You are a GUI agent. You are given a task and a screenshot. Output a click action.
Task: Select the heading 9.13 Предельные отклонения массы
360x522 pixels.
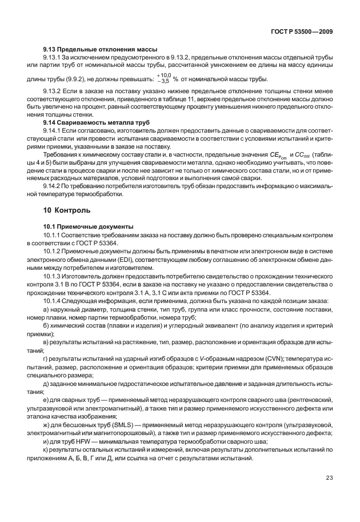tap(100, 49)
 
